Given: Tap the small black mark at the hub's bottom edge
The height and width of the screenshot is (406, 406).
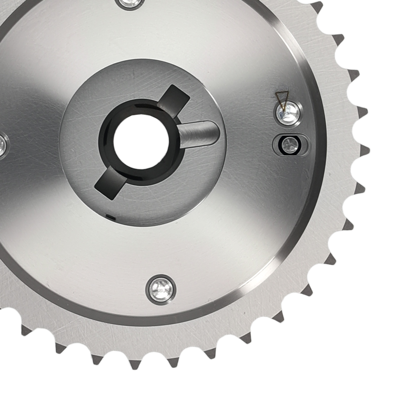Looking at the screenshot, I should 111,217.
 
